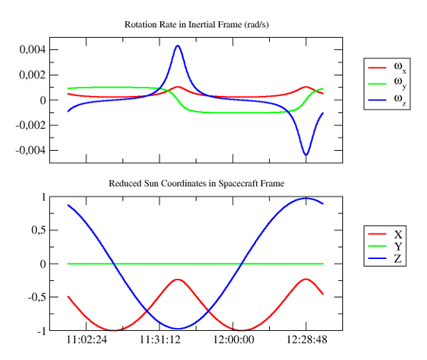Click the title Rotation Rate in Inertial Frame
click(x=196, y=24)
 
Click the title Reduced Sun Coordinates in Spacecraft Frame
click(x=196, y=184)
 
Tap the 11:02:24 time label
click(x=87, y=340)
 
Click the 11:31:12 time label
click(x=160, y=340)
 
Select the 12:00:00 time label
click(x=233, y=340)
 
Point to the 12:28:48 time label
click(x=306, y=340)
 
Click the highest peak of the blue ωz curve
click(x=177, y=46)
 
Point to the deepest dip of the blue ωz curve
click(x=306, y=154)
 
